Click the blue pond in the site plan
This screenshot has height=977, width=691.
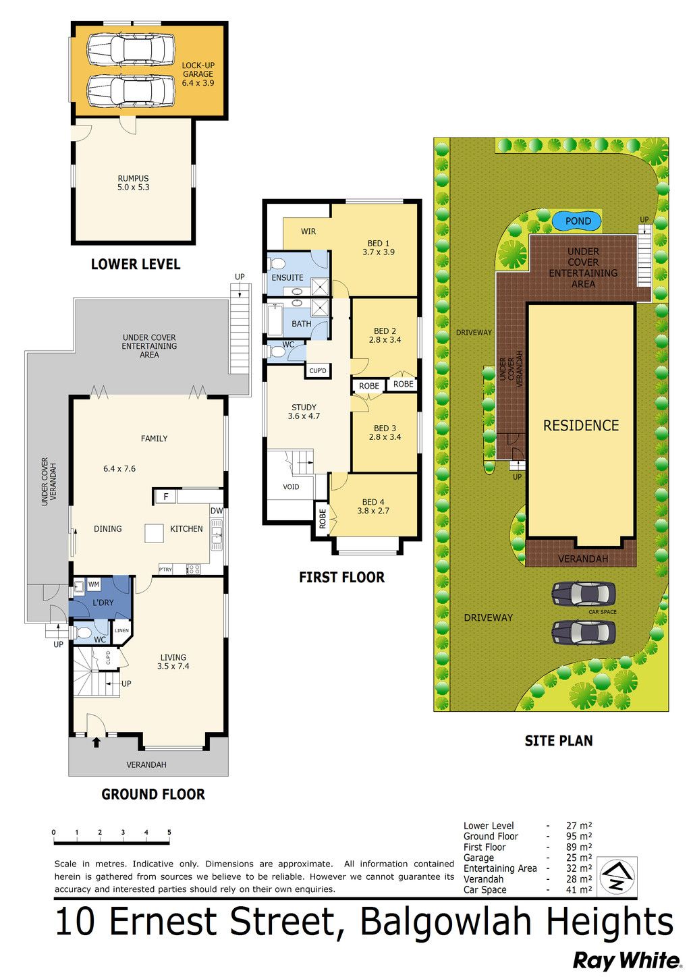coord(577,221)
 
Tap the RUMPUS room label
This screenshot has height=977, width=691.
coord(133,178)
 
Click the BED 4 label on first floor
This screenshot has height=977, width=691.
coord(373,502)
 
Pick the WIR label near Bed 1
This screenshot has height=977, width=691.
coord(308,231)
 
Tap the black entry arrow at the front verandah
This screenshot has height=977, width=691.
coord(96,742)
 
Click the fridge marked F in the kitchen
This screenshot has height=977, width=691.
coord(166,497)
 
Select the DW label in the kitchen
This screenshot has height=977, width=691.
coord(217,511)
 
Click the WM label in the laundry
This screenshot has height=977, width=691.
coord(94,584)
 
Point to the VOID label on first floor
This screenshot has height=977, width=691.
coord(291,486)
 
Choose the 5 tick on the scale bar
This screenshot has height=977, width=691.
coord(169,832)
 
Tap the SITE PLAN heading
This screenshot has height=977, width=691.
coord(558,741)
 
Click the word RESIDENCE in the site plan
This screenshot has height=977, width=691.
coord(580,425)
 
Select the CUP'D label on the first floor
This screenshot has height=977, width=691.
coord(318,371)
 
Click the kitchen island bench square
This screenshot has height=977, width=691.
coord(154,533)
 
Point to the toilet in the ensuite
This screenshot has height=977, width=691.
coord(277,264)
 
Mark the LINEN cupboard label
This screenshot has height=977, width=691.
coord(121,630)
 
